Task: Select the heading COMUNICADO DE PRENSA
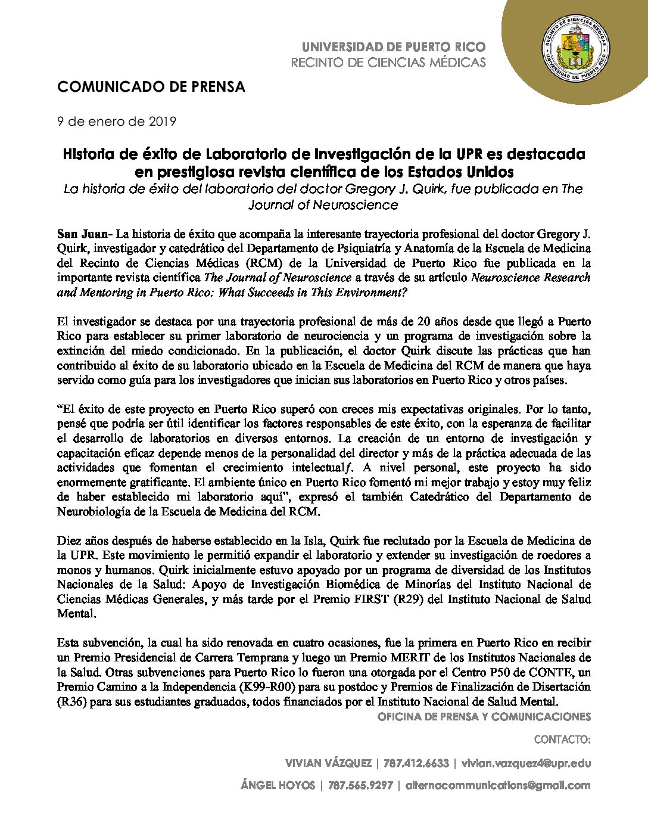[151, 87]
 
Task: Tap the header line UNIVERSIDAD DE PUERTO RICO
[394, 47]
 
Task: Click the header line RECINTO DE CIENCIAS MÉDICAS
[388, 63]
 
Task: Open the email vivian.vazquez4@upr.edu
[525, 763]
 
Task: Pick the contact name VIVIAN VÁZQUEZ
[328, 763]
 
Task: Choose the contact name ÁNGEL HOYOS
[278, 785]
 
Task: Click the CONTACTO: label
[562, 740]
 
